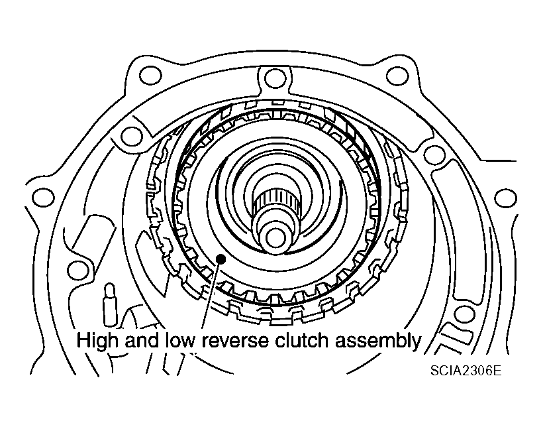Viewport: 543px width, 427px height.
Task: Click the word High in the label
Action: click(x=96, y=341)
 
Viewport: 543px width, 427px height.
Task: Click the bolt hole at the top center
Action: click(x=270, y=78)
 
